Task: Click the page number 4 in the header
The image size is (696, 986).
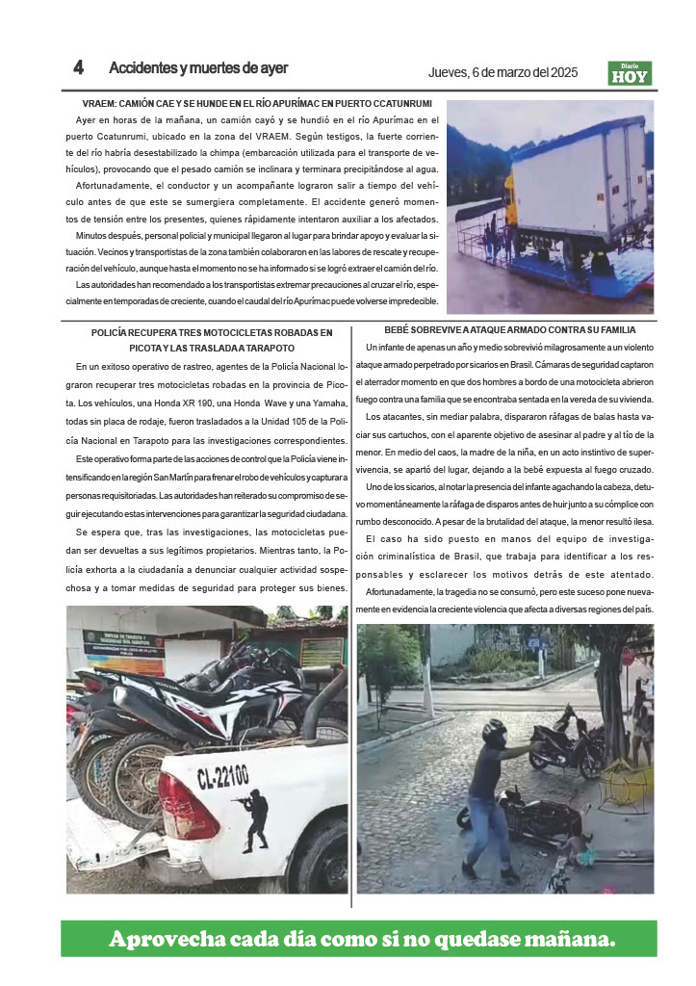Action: [x=79, y=68]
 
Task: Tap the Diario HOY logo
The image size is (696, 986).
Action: [x=630, y=73]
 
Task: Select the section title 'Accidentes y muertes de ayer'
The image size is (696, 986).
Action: [x=198, y=68]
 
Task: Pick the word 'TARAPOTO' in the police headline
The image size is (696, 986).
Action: [x=265, y=348]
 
